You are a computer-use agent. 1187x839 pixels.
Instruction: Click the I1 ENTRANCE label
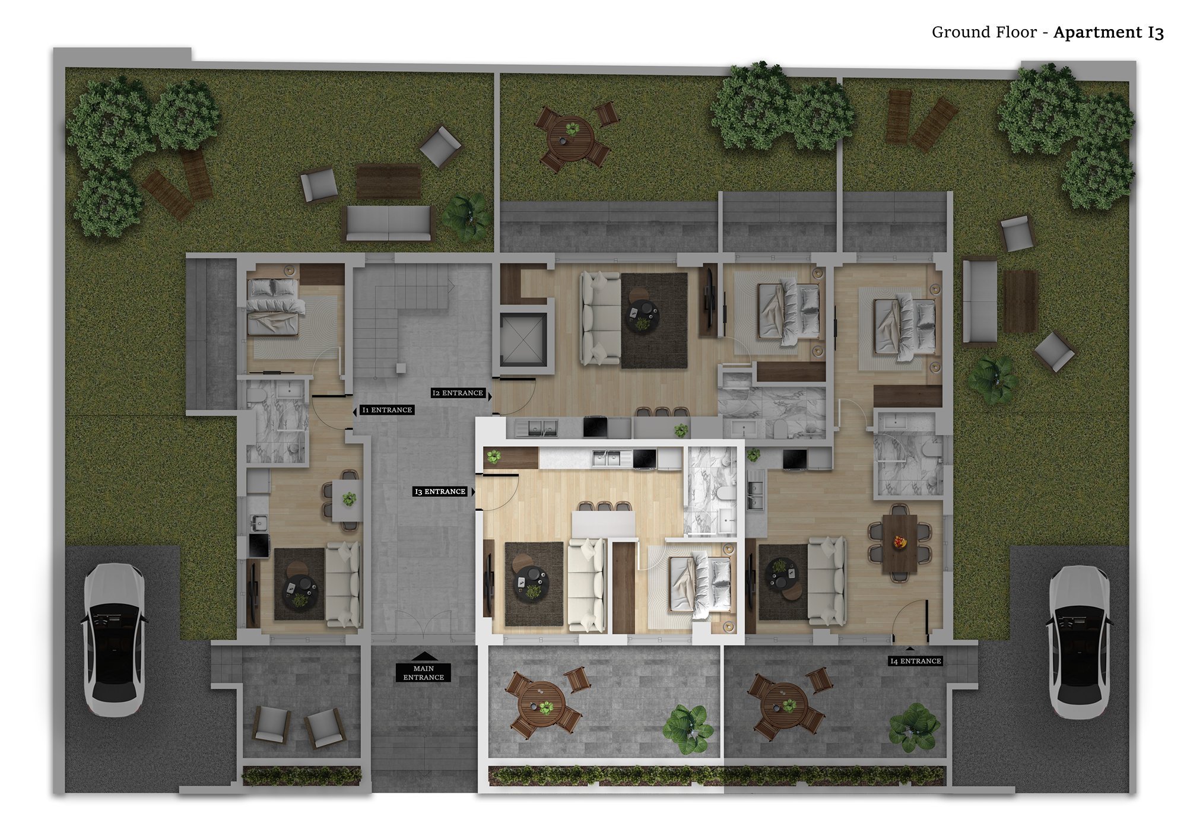click(387, 410)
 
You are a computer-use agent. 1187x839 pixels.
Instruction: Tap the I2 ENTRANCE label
click(458, 393)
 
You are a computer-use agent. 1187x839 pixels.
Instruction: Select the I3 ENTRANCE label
click(440, 491)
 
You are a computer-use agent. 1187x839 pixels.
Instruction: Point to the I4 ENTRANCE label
click(916, 661)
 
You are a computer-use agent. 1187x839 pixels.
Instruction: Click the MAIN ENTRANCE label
click(424, 673)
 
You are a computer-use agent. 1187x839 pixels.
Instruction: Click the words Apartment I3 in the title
click(1109, 32)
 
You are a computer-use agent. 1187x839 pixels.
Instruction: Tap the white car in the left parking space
click(113, 640)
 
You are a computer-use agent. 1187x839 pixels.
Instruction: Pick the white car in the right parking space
click(1078, 642)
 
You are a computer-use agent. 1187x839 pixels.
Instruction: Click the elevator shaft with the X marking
click(523, 339)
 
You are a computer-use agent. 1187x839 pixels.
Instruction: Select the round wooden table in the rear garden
click(571, 138)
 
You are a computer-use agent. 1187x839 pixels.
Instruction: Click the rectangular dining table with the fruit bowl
click(900, 544)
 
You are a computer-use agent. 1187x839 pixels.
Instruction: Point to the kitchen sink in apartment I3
click(605, 458)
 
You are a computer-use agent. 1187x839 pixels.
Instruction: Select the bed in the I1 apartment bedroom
click(272, 307)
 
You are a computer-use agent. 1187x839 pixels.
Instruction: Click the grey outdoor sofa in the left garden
click(389, 223)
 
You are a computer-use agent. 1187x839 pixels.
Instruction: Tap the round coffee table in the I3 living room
click(532, 583)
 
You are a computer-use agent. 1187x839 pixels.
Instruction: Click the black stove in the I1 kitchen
click(259, 545)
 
